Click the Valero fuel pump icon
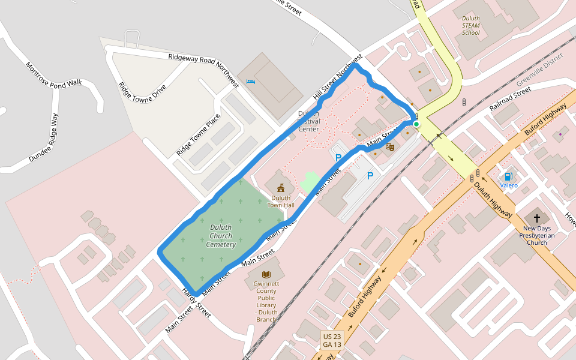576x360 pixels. tap(508, 176)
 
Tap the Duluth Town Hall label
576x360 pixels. tap(281, 202)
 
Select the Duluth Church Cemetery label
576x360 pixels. tap(221, 236)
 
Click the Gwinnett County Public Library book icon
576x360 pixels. tap(266, 275)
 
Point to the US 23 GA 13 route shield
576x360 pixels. tap(332, 340)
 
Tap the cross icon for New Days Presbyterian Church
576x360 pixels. tap(536, 218)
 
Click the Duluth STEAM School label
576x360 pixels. tap(471, 25)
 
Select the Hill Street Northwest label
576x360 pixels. tap(338, 78)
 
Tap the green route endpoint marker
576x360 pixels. tap(416, 124)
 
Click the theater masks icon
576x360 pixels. tap(390, 146)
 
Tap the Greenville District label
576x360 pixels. tap(539, 69)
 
